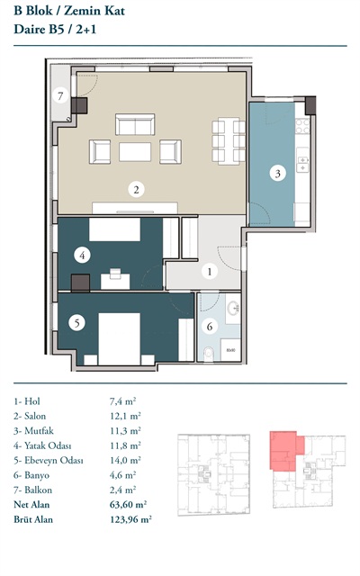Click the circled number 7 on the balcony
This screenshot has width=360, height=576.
click(60, 96)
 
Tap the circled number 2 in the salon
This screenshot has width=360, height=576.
click(136, 190)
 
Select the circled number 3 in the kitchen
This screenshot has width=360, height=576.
click(278, 174)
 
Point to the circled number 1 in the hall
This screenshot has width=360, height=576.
click(210, 272)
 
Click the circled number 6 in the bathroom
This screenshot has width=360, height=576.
click(210, 326)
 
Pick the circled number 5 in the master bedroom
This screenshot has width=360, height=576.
click(76, 323)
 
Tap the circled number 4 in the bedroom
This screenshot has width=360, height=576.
click(82, 255)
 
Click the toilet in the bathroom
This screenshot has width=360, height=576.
click(208, 354)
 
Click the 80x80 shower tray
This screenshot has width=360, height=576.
click(230, 350)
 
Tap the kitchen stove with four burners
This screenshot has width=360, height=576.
click(302, 126)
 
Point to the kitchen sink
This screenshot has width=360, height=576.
click(302, 164)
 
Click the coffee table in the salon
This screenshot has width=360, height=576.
click(135, 152)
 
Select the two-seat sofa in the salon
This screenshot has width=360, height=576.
click(135, 124)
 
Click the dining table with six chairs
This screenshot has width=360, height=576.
click(229, 141)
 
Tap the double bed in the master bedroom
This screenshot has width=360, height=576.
click(119, 338)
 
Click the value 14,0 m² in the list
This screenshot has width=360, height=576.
click(125, 460)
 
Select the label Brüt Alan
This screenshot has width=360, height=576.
click(33, 519)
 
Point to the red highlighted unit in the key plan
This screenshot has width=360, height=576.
click(284, 451)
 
